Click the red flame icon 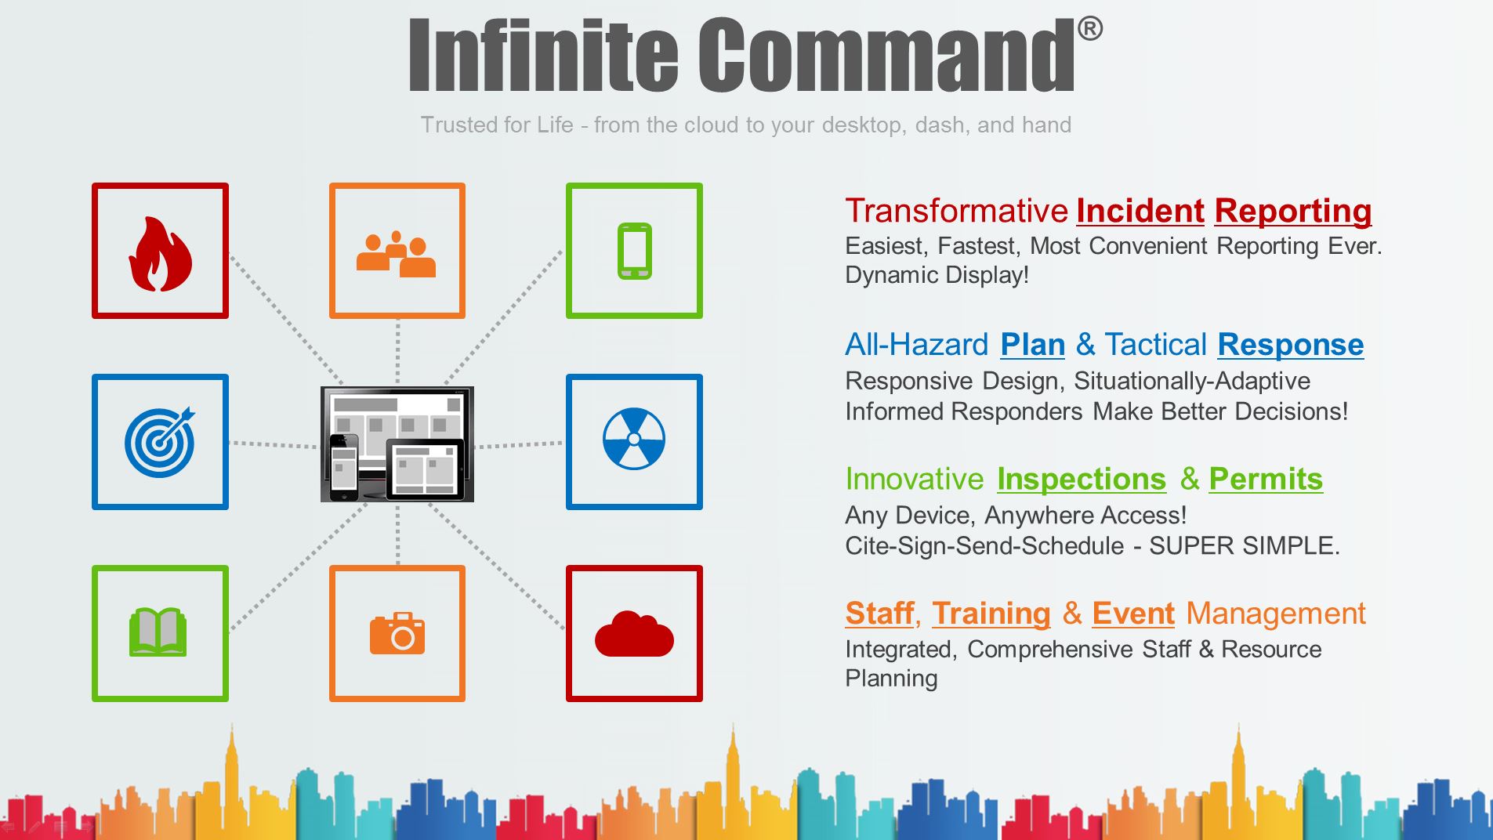click(160, 254)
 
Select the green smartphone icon click(634, 251)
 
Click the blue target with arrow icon click(160, 442)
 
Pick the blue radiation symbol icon click(634, 439)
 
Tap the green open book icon click(158, 632)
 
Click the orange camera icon click(397, 633)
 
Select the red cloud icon click(634, 634)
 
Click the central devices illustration click(397, 444)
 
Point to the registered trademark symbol click(1089, 29)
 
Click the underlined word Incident click(1140, 211)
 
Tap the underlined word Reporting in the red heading click(1293, 212)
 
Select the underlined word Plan click(1033, 345)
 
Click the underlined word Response click(1291, 346)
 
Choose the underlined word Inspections click(1082, 480)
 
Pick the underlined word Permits click(1266, 479)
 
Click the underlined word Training click(991, 614)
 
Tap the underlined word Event click(1133, 614)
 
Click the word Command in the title click(886, 56)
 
